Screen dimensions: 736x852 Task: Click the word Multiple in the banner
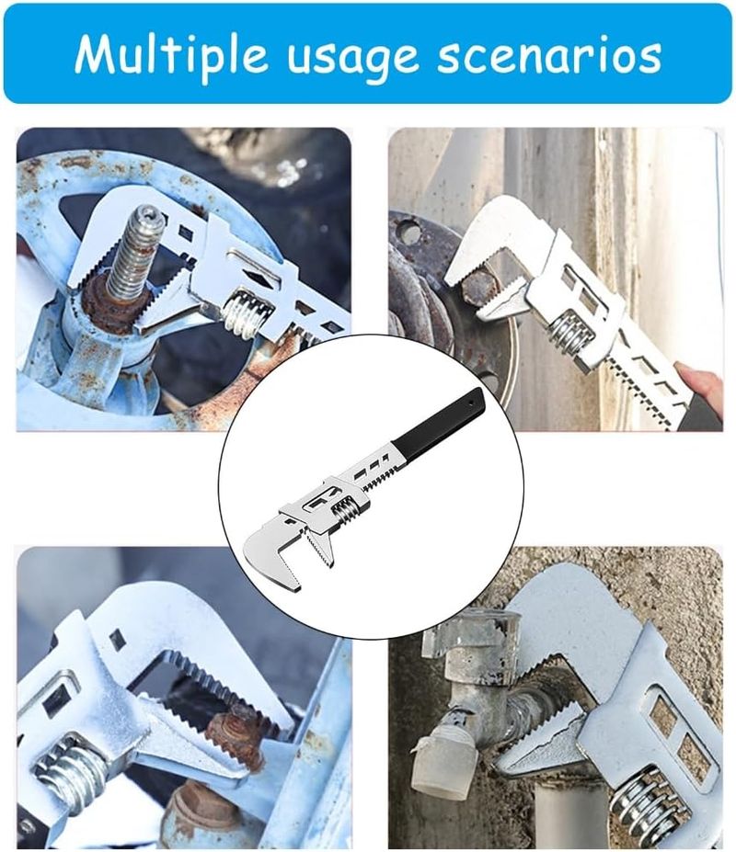171,54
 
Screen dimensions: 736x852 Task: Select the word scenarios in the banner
549,54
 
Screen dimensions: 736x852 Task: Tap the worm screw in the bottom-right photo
644,809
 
